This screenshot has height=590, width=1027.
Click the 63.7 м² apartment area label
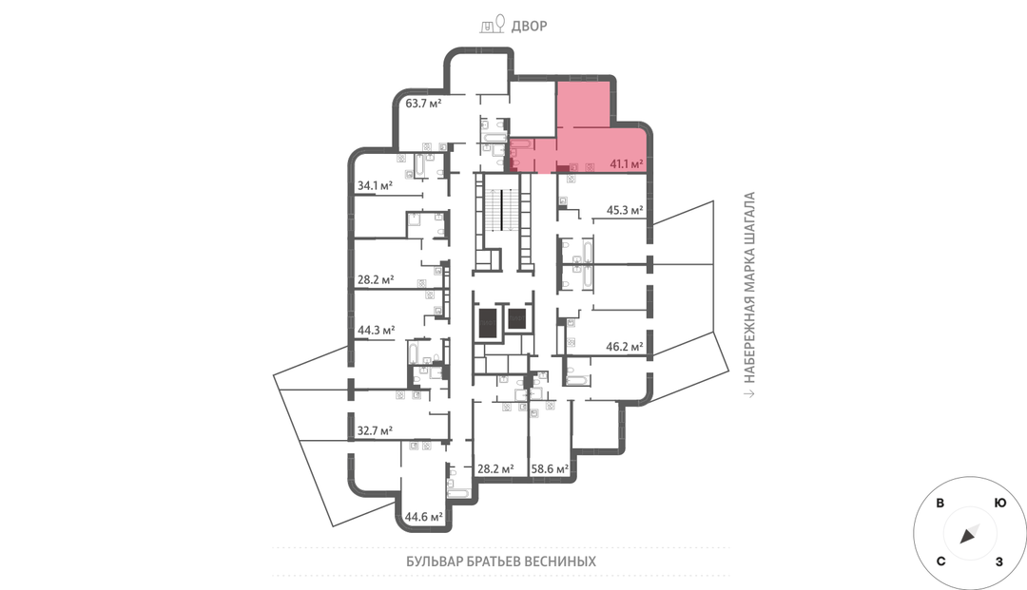click(x=423, y=103)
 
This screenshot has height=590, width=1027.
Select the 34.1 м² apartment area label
click(x=375, y=186)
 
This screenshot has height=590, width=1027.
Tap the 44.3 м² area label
click(x=376, y=331)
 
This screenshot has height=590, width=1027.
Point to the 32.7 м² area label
click(x=375, y=431)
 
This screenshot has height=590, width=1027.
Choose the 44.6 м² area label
click(x=424, y=517)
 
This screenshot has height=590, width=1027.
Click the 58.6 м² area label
click(x=550, y=468)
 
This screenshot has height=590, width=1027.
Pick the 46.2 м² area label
click(x=624, y=347)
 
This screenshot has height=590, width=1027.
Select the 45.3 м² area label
click(x=625, y=210)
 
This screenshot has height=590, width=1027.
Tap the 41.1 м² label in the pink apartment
click(x=626, y=163)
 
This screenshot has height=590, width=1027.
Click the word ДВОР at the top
click(x=530, y=27)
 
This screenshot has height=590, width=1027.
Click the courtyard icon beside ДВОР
click(x=493, y=24)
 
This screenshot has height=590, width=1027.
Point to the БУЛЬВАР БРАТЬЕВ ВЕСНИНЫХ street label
click(x=501, y=561)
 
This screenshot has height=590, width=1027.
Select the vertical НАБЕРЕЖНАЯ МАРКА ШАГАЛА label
click(x=750, y=287)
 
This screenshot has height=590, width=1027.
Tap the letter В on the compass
click(x=940, y=503)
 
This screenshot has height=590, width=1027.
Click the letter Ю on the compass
click(x=1000, y=503)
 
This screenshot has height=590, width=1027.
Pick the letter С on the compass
click(x=941, y=561)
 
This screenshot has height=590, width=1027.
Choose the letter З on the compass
click(x=998, y=561)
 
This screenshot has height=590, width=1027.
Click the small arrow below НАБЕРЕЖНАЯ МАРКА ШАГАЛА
click(x=750, y=393)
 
